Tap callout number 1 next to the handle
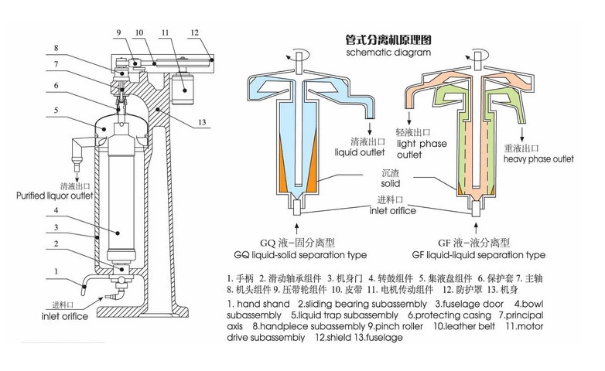pos(56,271)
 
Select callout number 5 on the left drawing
pos(56,111)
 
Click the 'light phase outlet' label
pos(421,149)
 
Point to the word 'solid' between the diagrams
pos(390,185)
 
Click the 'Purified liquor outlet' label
pos(55,196)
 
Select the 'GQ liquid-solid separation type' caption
pos(300,254)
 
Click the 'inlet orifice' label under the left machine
pos(65,317)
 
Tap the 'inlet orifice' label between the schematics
pos(392,210)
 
